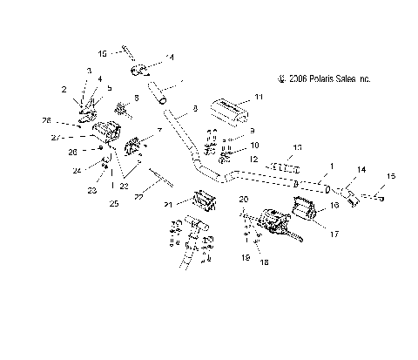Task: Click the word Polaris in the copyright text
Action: (x=321, y=78)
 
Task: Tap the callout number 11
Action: (x=258, y=98)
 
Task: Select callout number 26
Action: (x=73, y=151)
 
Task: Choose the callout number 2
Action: (x=64, y=89)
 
